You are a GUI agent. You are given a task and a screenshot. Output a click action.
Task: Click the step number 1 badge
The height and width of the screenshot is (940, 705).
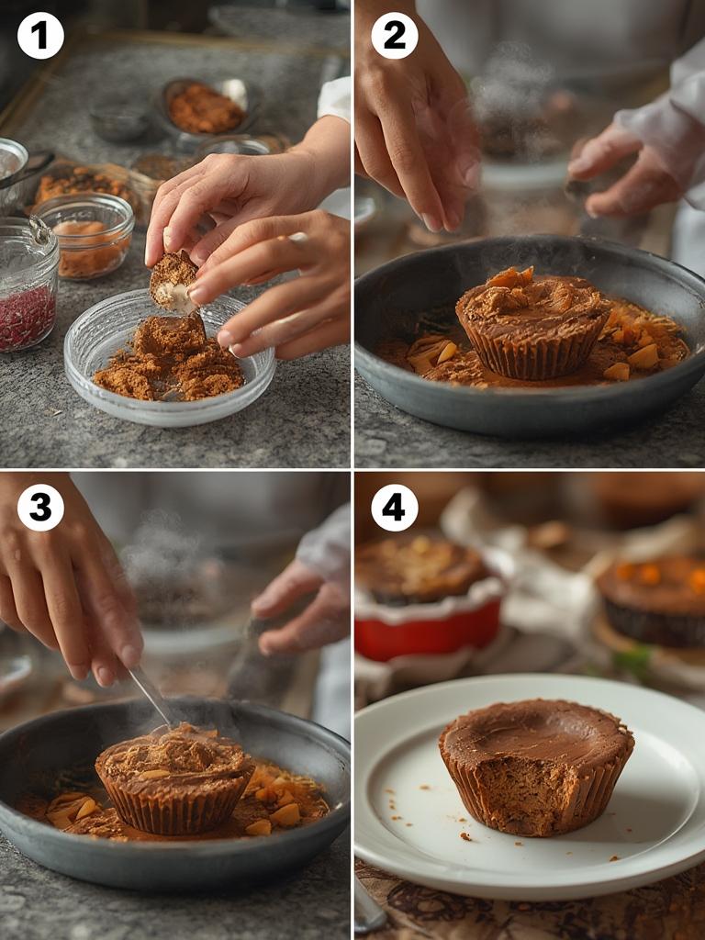(x=40, y=37)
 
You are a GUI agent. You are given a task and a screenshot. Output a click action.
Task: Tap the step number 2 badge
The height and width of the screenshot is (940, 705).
(x=394, y=37)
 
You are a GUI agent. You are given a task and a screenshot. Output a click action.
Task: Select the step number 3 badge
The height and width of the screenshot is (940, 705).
(x=40, y=508)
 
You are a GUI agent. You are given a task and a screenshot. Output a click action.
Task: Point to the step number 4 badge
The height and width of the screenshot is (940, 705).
(x=394, y=508)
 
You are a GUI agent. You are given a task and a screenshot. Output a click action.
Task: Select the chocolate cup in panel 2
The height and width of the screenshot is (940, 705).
(x=533, y=326)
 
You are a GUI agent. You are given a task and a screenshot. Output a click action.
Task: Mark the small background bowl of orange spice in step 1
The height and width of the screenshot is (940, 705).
(x=206, y=107)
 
